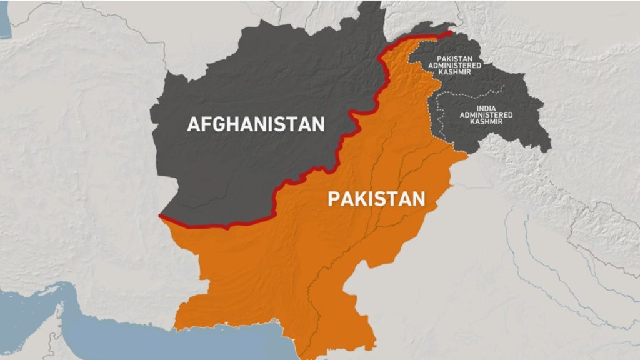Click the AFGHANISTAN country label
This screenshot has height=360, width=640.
[256, 124]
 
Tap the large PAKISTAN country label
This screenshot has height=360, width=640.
[376, 199]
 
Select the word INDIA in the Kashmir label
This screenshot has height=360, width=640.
[486, 108]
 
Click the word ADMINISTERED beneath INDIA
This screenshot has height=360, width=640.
[486, 115]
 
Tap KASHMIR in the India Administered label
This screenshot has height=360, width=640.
[486, 122]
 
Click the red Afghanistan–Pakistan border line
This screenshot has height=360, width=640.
[312, 170]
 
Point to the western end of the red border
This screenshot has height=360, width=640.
[161, 216]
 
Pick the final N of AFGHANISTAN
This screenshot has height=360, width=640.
[318, 124]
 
